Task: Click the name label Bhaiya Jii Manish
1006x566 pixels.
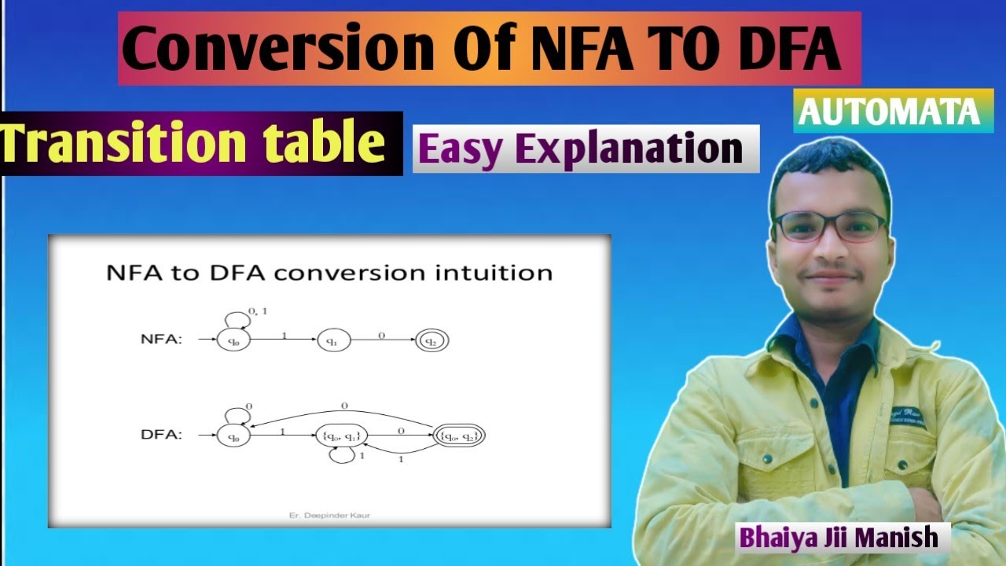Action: [838, 538]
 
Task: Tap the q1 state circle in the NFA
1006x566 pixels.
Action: [332, 340]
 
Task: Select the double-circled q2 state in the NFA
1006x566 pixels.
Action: [431, 340]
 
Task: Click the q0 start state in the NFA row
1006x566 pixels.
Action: [233, 340]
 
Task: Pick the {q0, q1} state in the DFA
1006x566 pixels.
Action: [342, 435]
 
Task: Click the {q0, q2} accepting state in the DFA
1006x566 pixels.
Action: [460, 434]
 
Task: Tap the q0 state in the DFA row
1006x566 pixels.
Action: [233, 435]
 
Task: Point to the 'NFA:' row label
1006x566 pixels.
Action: [162, 340]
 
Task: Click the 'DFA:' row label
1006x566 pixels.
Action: [162, 434]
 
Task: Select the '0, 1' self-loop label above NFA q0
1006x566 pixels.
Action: [259, 311]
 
